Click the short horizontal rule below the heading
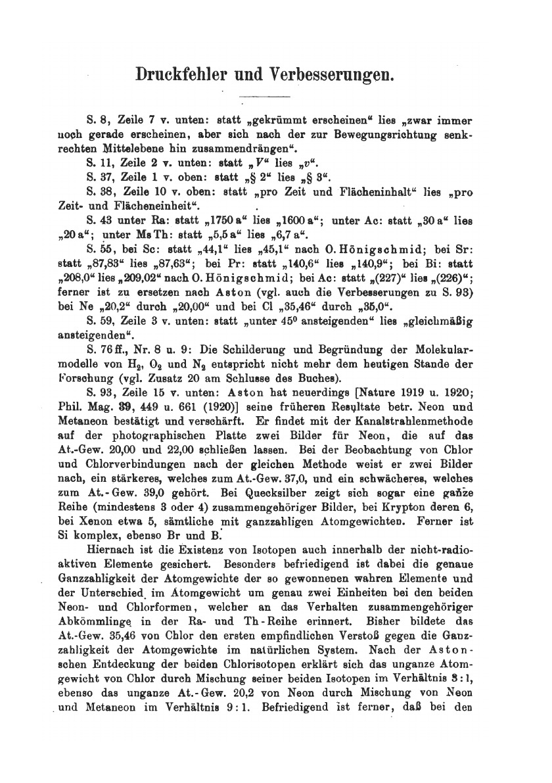coord(265,98)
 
